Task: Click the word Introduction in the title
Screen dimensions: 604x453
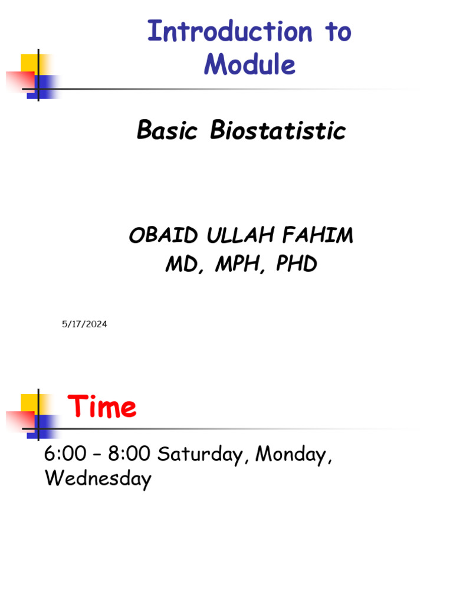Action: tap(229, 31)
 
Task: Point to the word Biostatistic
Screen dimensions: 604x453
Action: tap(278, 130)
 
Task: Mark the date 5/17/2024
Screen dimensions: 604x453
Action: tap(84, 324)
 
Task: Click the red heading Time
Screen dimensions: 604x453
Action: tap(101, 407)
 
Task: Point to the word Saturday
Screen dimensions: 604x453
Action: tap(197, 455)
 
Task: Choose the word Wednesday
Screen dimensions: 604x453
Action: tap(98, 478)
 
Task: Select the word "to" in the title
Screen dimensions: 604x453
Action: tap(338, 31)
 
